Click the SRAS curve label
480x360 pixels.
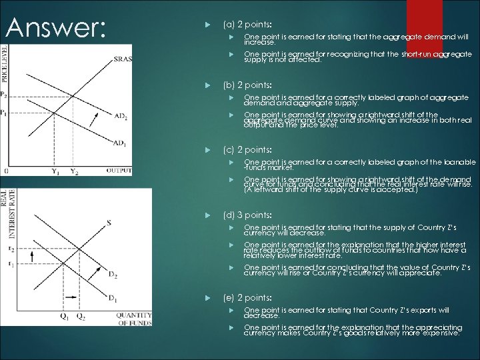pyautogui.click(x=122, y=59)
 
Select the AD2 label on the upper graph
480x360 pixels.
pyautogui.click(x=120, y=117)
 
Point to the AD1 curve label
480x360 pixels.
pyautogui.click(x=120, y=143)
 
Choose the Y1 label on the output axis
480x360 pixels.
pyautogui.click(x=55, y=171)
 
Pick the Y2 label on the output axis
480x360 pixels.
pyautogui.click(x=74, y=171)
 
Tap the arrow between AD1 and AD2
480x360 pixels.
pyautogui.click(x=94, y=120)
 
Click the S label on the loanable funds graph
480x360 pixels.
pyautogui.click(x=107, y=222)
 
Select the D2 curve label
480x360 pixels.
pyautogui.click(x=113, y=275)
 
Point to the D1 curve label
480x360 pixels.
pyautogui.click(x=113, y=297)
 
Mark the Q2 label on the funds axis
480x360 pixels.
pyautogui.click(x=80, y=316)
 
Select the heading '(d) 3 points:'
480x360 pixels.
pyautogui.click(x=247, y=215)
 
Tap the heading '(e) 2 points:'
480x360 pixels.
pyautogui.click(x=247, y=297)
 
